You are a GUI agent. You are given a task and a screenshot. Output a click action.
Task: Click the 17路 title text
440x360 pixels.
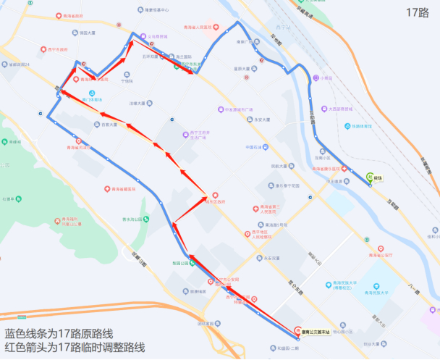pos(418,12)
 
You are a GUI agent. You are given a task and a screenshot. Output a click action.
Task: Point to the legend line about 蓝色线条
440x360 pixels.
pos(59,334)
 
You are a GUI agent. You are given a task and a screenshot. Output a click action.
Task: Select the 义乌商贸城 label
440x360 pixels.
pos(157,36)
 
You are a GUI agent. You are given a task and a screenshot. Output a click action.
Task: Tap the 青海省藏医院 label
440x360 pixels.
pos(124,188)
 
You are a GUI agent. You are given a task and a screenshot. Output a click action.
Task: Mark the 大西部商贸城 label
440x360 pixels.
pos(339,109)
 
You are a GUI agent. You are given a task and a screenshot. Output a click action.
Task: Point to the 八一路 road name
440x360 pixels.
pos(413,288)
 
